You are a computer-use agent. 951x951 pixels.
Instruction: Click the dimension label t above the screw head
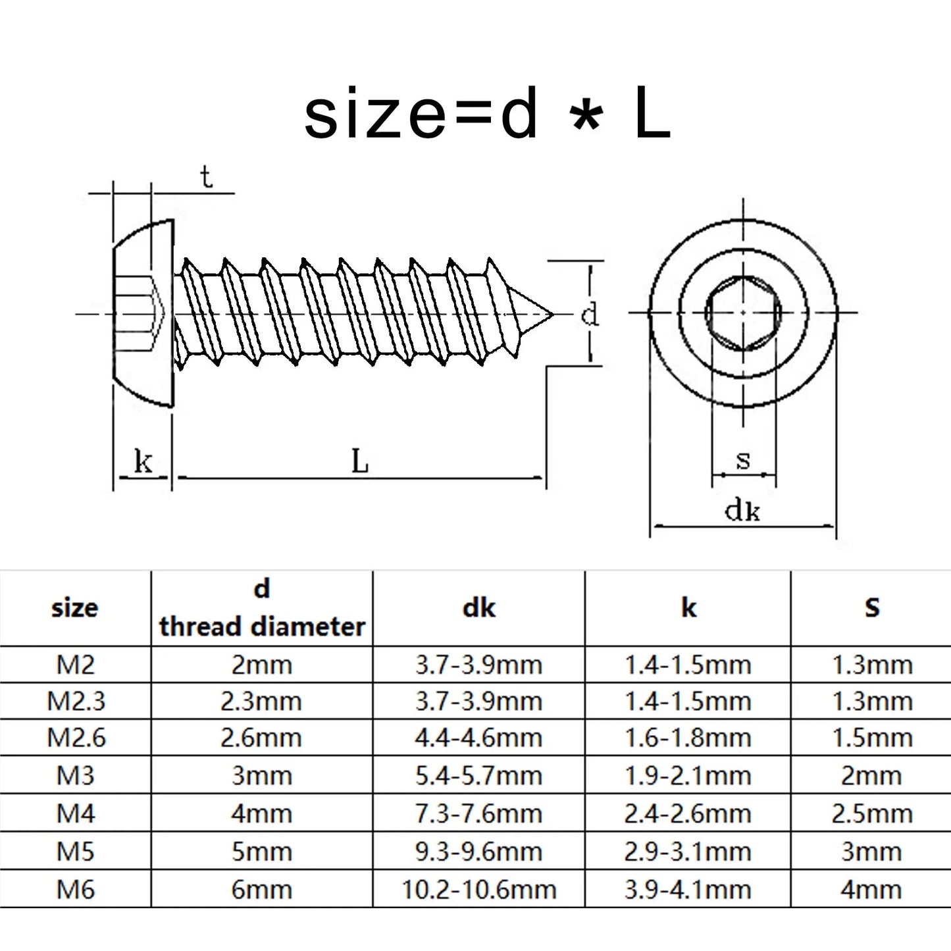click(x=207, y=178)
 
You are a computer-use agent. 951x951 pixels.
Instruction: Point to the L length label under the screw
click(x=359, y=461)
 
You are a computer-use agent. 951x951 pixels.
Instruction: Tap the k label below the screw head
click(x=143, y=462)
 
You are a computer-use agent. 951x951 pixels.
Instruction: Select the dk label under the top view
click(x=742, y=510)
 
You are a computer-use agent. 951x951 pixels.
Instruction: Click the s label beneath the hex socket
click(x=743, y=459)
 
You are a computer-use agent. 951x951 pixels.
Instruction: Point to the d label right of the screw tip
click(x=590, y=314)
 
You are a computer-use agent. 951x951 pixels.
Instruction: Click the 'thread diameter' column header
click(x=262, y=626)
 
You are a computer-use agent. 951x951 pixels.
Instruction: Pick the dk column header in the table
click(x=478, y=607)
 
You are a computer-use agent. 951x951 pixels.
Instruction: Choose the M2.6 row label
click(x=76, y=738)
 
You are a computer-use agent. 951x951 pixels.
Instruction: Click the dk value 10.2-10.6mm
click(x=478, y=890)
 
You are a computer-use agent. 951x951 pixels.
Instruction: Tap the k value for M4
click(x=688, y=813)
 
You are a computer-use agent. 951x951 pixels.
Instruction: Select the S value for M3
click(x=871, y=776)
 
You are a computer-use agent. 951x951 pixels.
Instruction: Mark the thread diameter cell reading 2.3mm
click(x=261, y=701)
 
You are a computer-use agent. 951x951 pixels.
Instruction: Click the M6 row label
click(x=76, y=890)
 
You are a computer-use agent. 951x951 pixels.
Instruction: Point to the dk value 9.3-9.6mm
click(x=478, y=852)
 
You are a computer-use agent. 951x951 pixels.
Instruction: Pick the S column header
click(x=871, y=607)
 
